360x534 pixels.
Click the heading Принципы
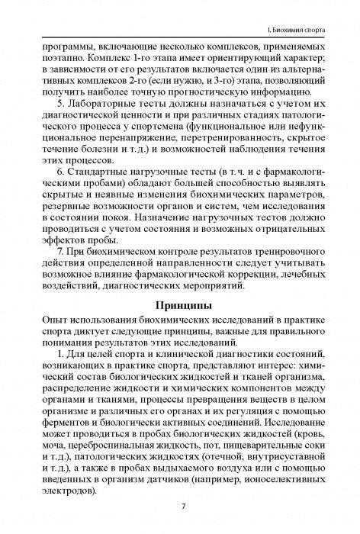point(180,285)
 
